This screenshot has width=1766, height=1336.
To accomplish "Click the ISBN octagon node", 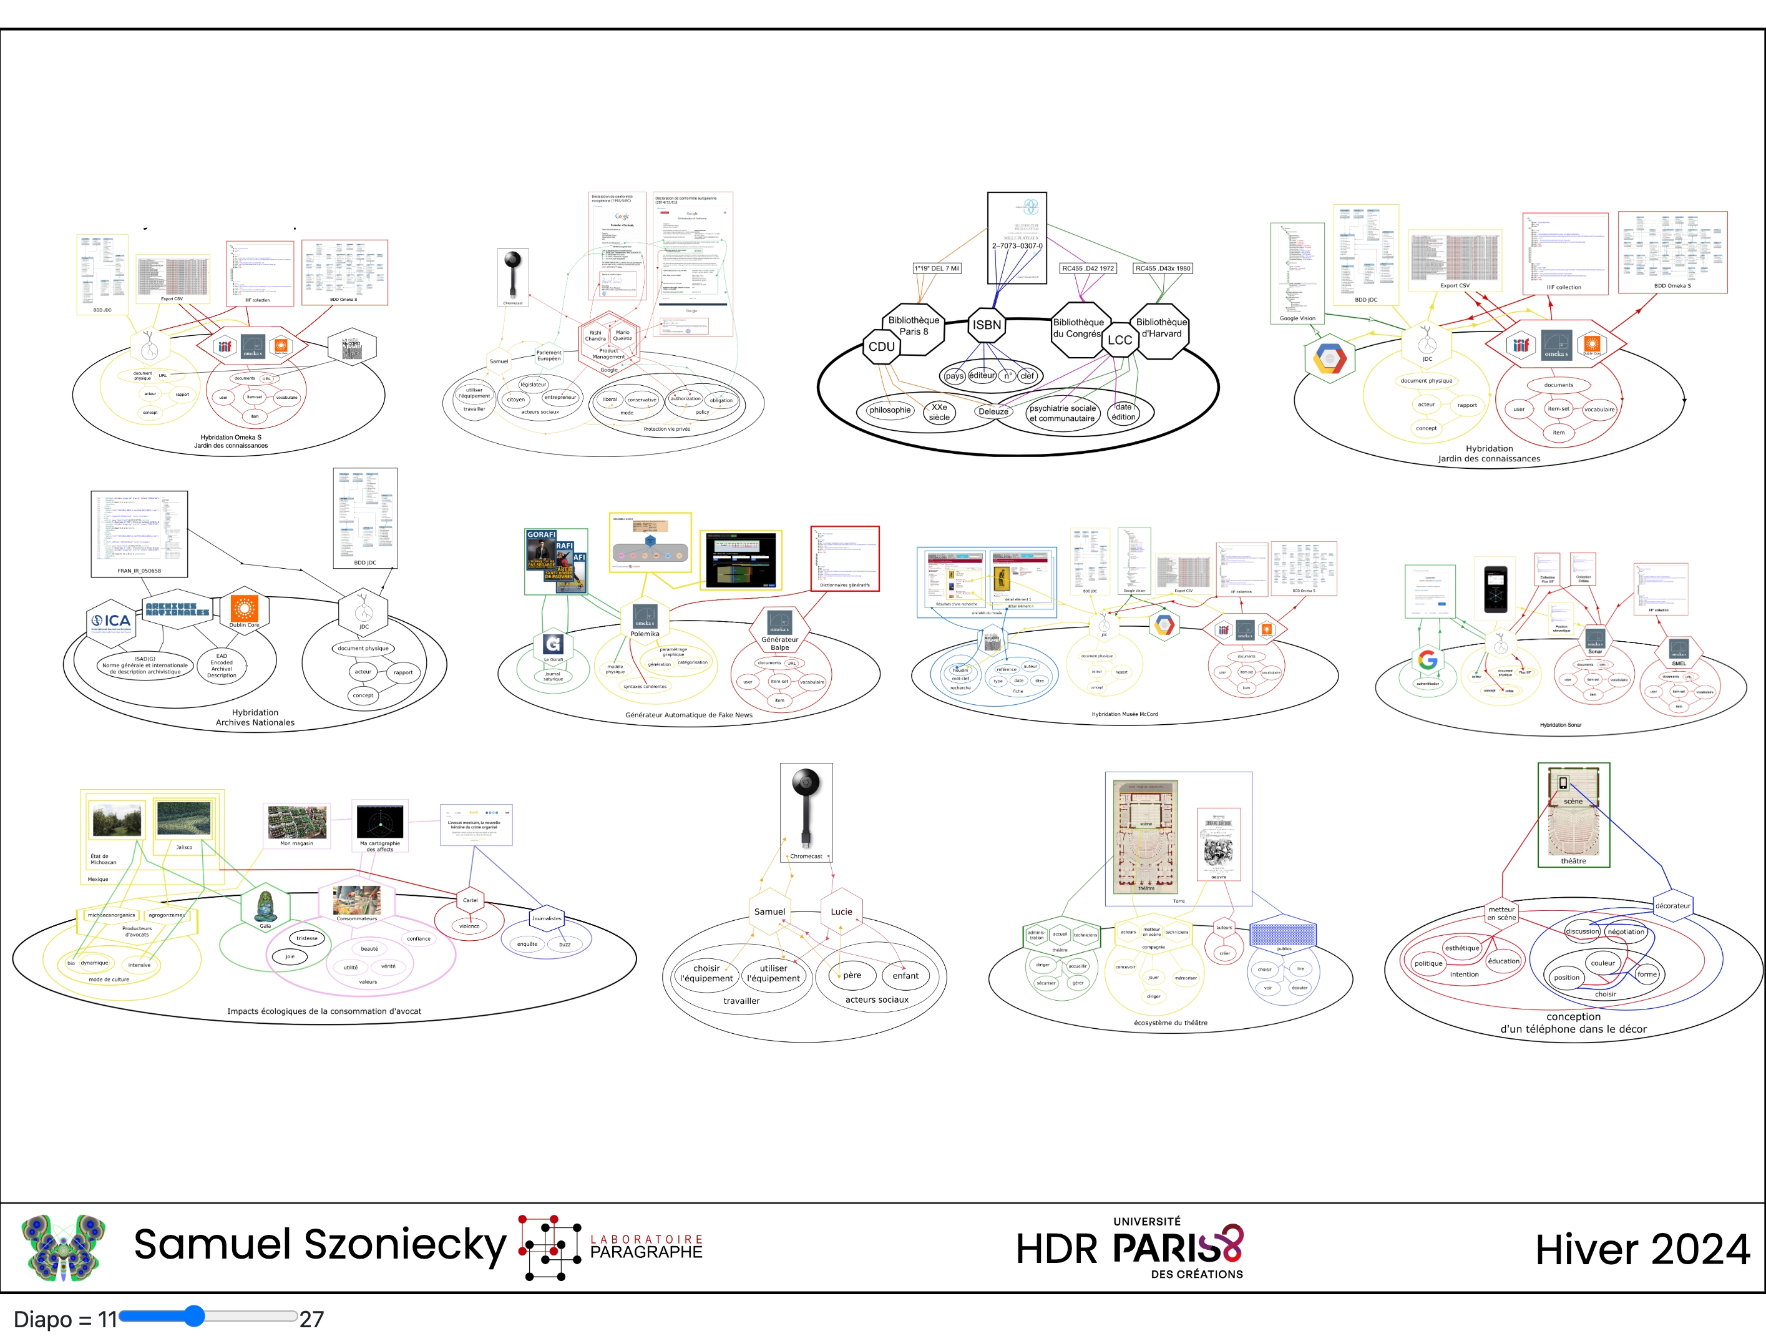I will (987, 325).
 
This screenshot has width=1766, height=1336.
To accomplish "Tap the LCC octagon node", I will (1120, 340).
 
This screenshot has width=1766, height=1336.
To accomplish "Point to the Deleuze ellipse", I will (993, 411).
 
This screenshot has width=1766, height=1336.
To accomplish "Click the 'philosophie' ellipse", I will (889, 410).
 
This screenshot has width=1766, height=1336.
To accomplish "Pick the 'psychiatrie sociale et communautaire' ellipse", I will (1062, 413).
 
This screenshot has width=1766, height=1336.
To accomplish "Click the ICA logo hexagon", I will (111, 621).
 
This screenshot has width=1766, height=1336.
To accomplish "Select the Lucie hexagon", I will (841, 911).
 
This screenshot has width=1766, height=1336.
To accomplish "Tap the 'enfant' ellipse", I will (905, 975).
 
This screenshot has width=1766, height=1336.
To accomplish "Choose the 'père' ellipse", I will (851, 975).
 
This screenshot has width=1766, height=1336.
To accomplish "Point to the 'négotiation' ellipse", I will (1626, 932).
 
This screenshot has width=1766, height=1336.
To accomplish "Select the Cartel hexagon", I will (471, 900).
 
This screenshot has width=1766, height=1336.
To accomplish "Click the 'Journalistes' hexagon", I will (547, 918).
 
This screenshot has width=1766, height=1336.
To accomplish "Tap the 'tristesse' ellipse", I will (306, 938).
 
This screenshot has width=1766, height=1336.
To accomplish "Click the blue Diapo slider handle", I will (194, 1316).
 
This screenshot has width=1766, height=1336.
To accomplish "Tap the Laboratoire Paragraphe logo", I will (611, 1247).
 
